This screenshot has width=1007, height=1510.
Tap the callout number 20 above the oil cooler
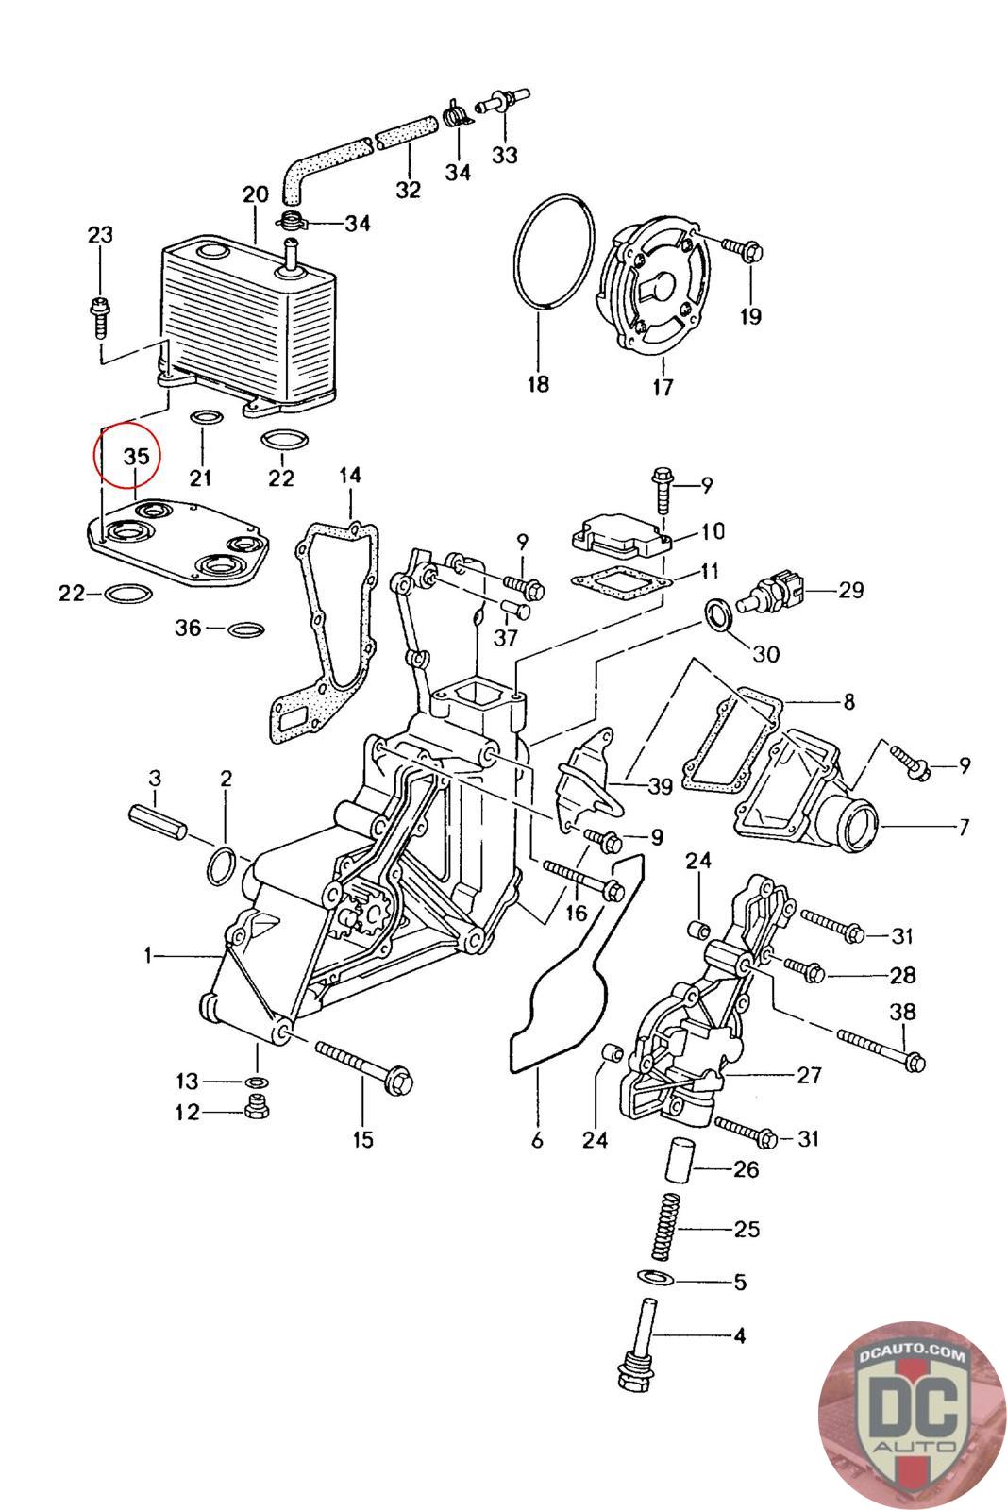[255, 196]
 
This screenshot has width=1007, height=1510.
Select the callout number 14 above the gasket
[350, 476]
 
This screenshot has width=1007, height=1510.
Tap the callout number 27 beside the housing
[808, 1075]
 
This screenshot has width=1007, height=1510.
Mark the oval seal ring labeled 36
[247, 629]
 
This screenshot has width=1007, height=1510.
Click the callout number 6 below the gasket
[537, 1141]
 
